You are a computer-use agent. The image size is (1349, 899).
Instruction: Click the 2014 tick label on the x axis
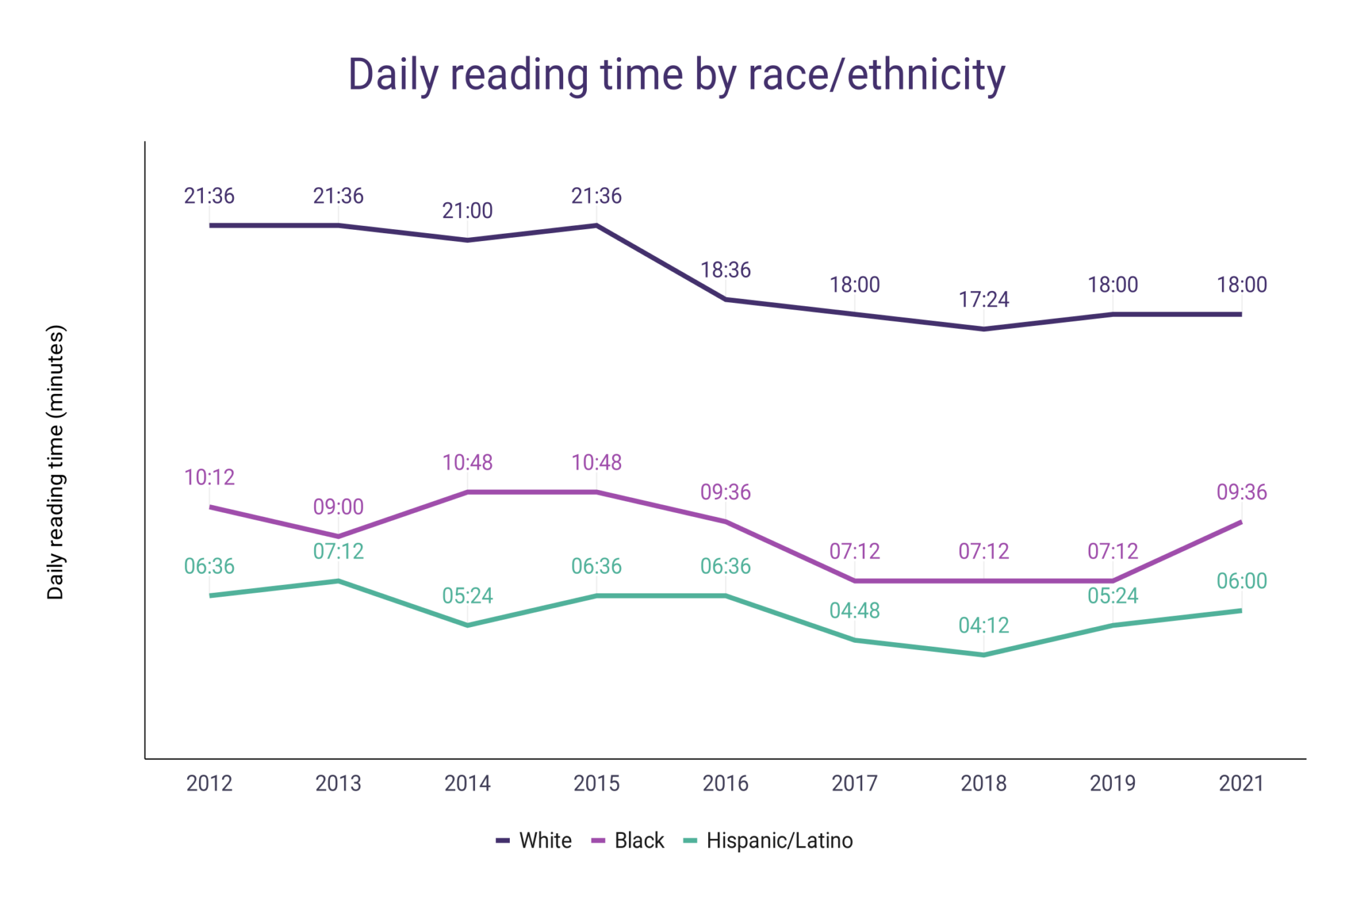coord(468,784)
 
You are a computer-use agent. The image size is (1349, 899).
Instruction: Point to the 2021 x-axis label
coord(1242,784)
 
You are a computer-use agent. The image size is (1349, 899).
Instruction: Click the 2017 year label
coord(854,784)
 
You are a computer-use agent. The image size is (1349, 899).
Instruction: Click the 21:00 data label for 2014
coord(468,211)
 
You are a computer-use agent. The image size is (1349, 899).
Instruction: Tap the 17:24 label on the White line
coord(983,300)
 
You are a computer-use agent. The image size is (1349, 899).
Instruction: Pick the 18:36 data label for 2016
coord(725,270)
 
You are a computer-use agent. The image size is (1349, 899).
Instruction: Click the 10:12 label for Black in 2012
coord(209,477)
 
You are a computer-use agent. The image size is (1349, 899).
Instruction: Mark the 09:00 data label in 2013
coord(339,507)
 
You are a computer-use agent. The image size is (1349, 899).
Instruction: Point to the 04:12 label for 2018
coord(983,626)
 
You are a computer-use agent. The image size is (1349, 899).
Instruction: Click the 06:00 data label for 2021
coord(1242,581)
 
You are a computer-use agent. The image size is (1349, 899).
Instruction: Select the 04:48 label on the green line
coord(854,611)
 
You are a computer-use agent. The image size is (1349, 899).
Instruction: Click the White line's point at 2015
coord(597,226)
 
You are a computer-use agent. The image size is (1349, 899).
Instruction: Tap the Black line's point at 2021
coord(1241,522)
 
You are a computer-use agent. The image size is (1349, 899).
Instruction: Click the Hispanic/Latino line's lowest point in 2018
coord(983,655)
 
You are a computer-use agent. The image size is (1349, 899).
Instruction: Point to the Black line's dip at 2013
coord(339,537)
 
